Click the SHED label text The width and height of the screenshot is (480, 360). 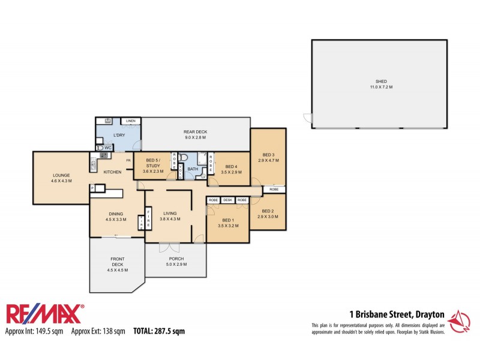[x=380, y=81]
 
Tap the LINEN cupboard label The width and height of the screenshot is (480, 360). [x=131, y=121]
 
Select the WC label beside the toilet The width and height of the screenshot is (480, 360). [x=109, y=148]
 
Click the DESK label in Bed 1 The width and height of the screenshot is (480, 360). [x=227, y=200]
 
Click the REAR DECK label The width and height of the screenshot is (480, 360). [x=194, y=131]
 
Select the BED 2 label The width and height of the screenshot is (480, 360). [x=268, y=211]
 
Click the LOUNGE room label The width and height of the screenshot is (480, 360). [x=61, y=175]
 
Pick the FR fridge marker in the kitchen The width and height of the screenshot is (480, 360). [x=128, y=160]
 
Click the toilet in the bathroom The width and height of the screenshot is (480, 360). [x=185, y=159]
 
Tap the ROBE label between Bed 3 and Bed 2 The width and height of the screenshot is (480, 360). [x=274, y=190]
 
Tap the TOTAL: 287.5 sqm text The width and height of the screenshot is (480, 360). [x=158, y=331]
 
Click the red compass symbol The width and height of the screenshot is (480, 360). [x=460, y=322]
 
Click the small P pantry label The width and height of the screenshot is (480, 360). [x=93, y=188]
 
